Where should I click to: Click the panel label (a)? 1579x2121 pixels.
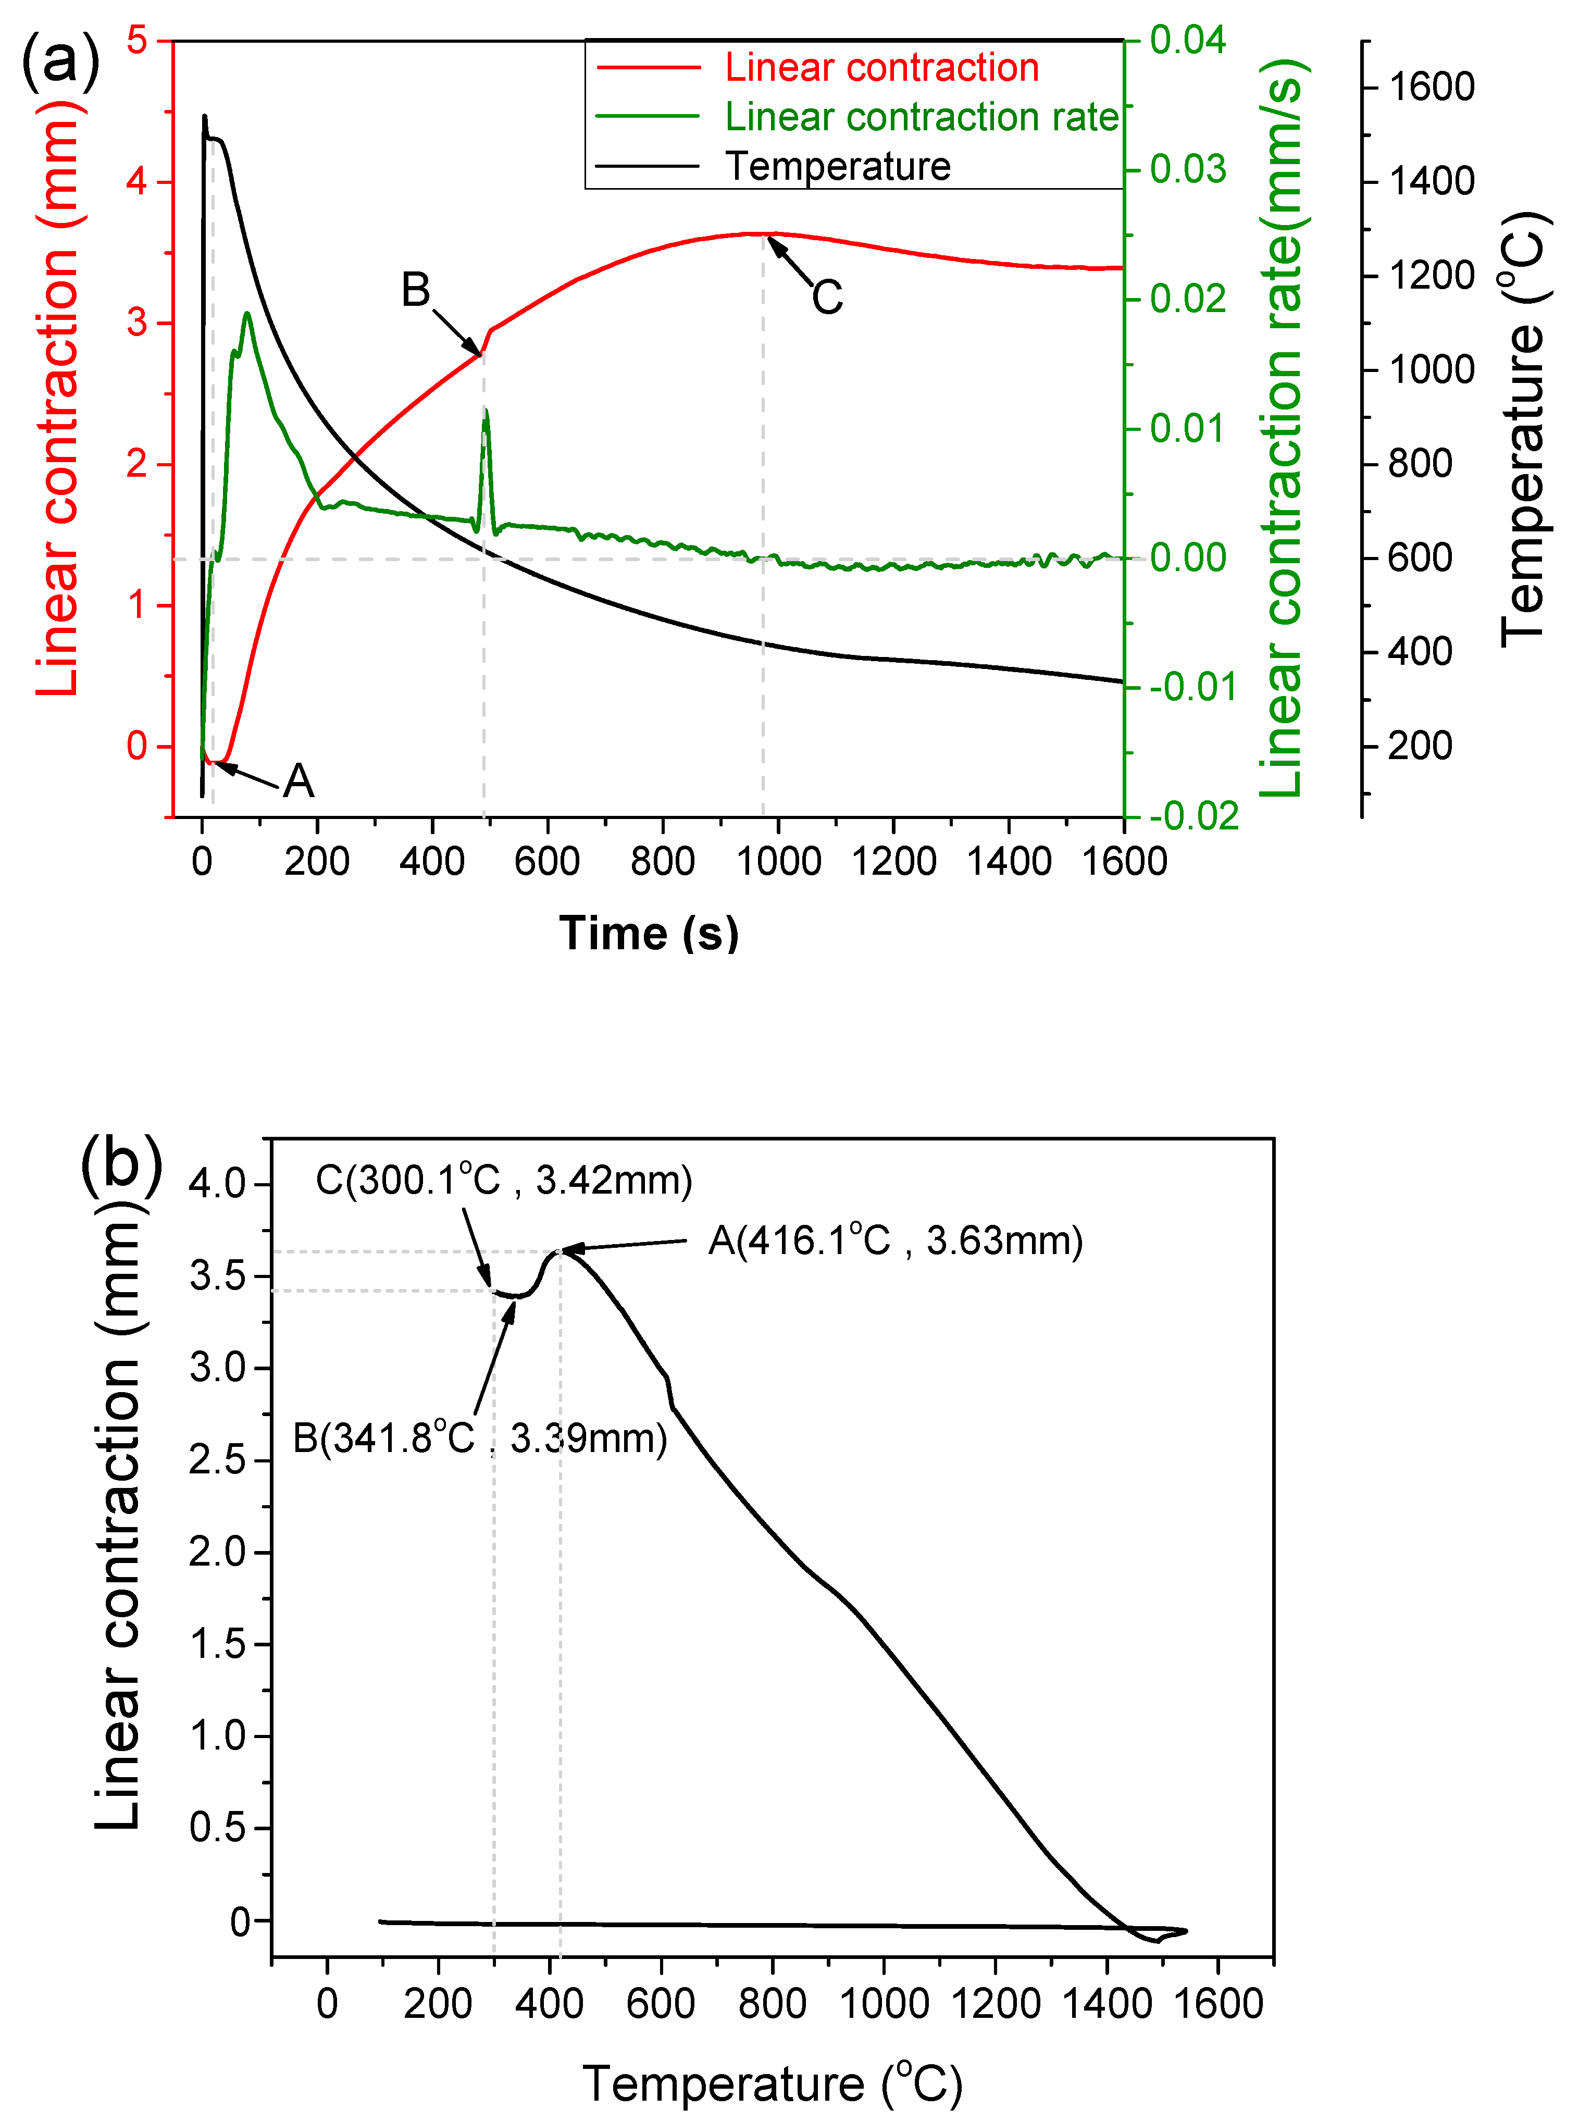[59, 60]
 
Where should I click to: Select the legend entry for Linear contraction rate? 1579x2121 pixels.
[921, 117]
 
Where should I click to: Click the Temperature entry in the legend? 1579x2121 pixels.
[837, 166]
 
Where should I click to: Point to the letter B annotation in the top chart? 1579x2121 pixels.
[416, 290]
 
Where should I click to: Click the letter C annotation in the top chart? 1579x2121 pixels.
[828, 297]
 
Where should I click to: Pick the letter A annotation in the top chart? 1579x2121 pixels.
[298, 781]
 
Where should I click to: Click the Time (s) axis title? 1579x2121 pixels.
[649, 933]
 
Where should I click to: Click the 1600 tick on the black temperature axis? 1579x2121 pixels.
[1431, 87]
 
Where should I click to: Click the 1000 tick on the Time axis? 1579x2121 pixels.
[779, 861]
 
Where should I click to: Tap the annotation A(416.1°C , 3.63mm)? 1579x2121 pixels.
[896, 1241]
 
